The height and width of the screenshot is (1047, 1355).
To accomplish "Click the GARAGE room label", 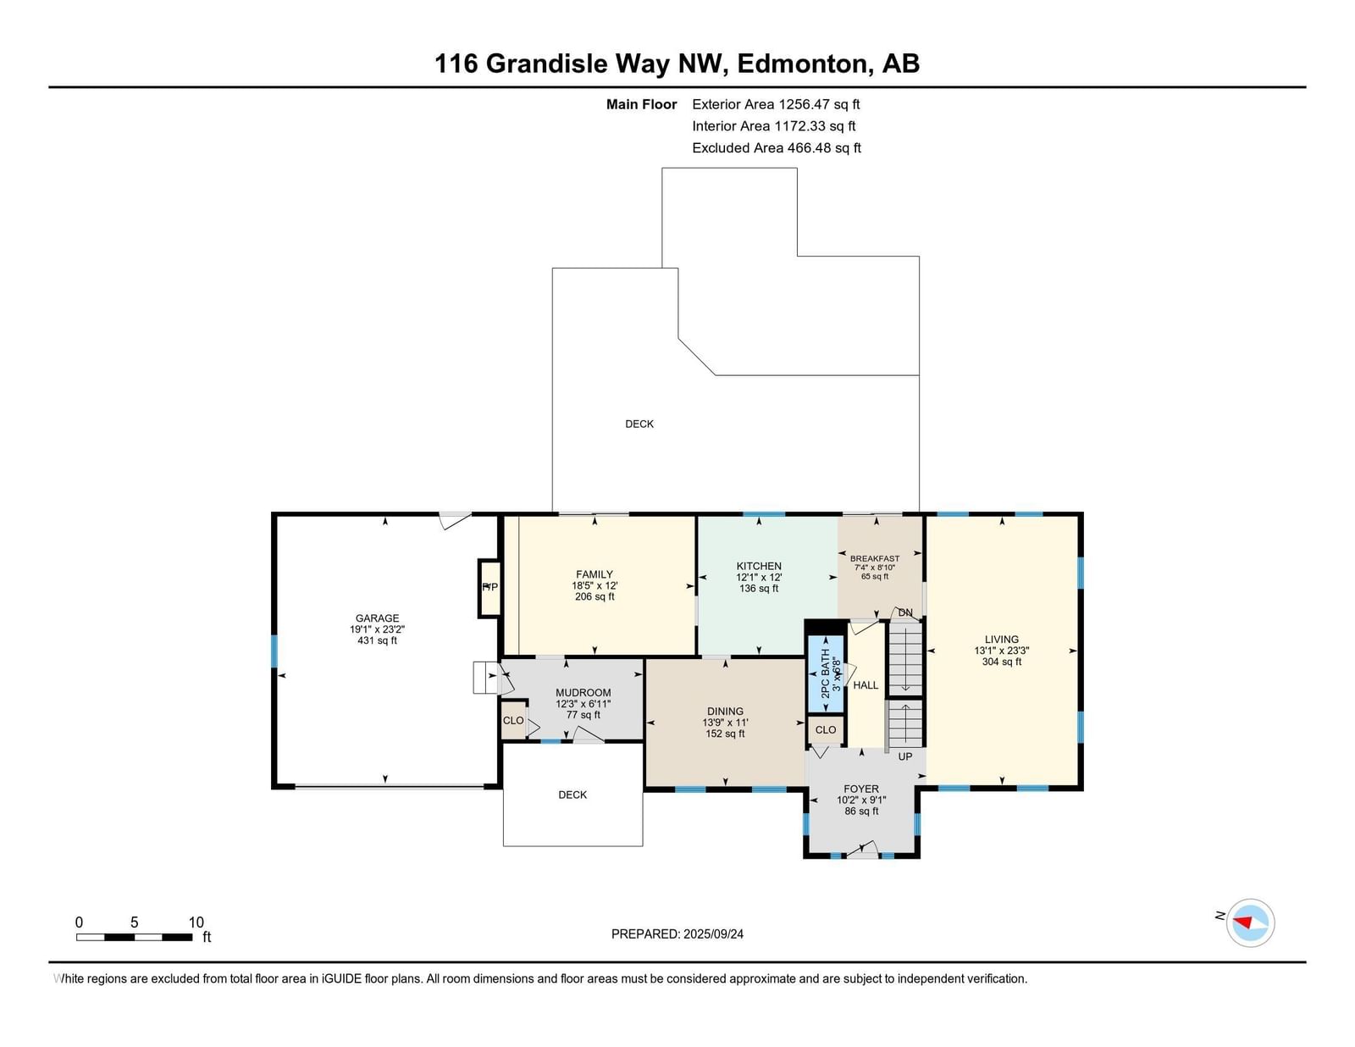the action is click(x=377, y=618).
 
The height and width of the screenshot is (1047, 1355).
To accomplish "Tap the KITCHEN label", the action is click(x=758, y=566).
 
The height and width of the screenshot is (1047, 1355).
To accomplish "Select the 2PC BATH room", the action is click(x=826, y=673).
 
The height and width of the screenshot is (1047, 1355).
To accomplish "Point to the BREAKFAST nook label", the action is click(x=874, y=559).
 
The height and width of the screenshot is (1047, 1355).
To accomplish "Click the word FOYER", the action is click(x=861, y=789).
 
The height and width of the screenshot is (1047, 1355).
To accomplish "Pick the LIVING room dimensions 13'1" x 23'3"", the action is click(x=1002, y=651).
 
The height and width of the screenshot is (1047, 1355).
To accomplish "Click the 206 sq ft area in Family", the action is click(x=595, y=596).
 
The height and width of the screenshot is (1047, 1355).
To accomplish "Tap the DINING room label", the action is click(x=725, y=711).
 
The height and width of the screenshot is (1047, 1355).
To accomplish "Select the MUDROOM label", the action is click(x=583, y=692).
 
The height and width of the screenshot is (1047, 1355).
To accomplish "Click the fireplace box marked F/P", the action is click(x=490, y=588).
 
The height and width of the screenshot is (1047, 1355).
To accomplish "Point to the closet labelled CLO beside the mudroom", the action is click(x=513, y=720).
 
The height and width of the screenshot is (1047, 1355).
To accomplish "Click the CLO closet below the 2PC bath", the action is click(x=826, y=729).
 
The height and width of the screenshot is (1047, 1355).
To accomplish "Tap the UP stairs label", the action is click(x=904, y=756).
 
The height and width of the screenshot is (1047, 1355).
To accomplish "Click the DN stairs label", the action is click(x=905, y=613).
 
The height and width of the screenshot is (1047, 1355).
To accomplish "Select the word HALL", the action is click(x=866, y=685).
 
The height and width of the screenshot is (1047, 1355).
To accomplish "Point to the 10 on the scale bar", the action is click(x=196, y=922).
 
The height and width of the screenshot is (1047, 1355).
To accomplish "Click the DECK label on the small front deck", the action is click(x=572, y=795).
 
